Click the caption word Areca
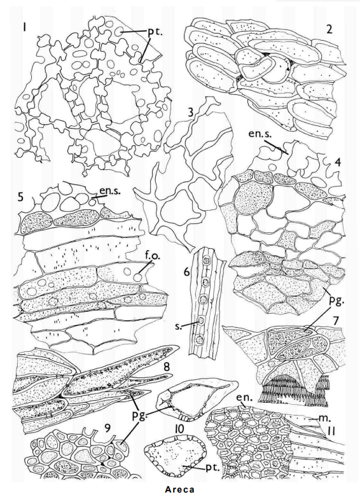tap(180, 489)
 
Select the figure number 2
tap(329, 29)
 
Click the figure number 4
tap(338, 163)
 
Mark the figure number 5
tap(21, 197)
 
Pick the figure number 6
tap(186, 272)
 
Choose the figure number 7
tap(335, 321)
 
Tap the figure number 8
tap(167, 367)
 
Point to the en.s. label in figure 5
tap(110, 191)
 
